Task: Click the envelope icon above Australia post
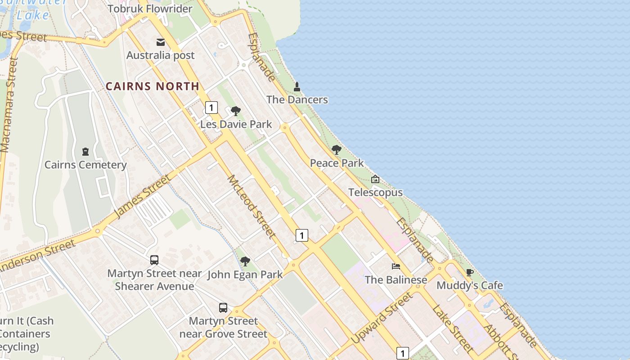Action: tap(161, 42)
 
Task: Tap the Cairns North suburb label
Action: tap(152, 86)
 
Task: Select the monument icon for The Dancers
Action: tap(297, 86)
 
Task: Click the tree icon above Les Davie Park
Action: tap(235, 111)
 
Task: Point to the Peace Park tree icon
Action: tap(336, 150)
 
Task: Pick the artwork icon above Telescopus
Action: tap(375, 179)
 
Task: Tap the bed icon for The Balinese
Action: tap(396, 266)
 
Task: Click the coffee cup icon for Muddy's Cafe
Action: tap(469, 272)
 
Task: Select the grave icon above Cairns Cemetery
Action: tap(85, 152)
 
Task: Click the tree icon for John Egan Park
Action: tap(245, 261)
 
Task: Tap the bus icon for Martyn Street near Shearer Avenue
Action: tap(154, 260)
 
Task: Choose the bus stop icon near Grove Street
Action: tap(223, 308)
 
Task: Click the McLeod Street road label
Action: tap(252, 207)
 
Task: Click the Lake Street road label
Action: tap(452, 328)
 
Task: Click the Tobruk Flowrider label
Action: tap(150, 9)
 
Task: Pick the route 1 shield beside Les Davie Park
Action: tap(211, 108)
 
